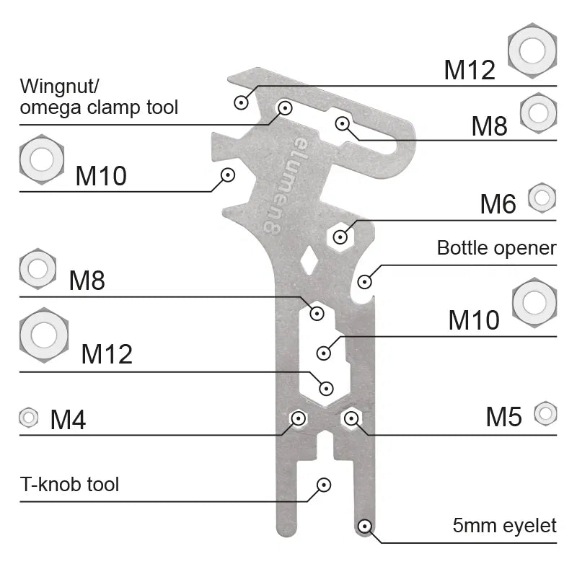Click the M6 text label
[498, 205]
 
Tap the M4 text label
[68, 420]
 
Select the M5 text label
[503, 416]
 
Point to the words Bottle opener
[496, 249]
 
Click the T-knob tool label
[69, 484]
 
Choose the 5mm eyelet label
[504, 526]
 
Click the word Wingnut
[56, 87]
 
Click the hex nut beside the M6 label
[542, 197]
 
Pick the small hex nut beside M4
[29, 417]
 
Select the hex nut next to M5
[545, 413]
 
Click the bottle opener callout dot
[365, 281]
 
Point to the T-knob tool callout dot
[325, 485]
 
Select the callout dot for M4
[297, 418]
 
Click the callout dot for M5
[351, 418]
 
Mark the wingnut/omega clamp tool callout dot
[285, 108]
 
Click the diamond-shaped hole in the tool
[309, 259]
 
